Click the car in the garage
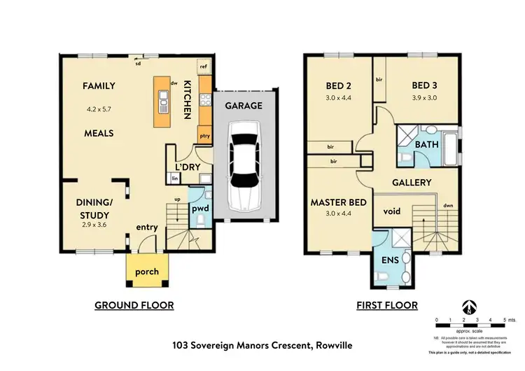coord(243,164)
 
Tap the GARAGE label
coord(244,106)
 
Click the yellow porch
coord(147,272)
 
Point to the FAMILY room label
coord(99,86)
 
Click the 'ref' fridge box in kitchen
coord(204,67)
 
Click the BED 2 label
coord(339,87)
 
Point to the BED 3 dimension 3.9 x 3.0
coord(423,99)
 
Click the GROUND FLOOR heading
coord(134,305)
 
